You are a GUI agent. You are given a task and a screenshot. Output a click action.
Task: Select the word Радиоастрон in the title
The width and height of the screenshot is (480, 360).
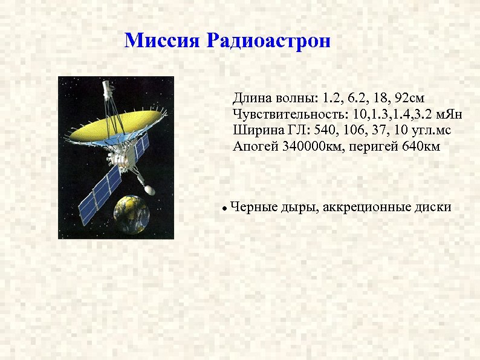coord(268,41)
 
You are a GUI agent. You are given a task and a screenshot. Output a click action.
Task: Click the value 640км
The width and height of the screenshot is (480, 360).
coord(421,146)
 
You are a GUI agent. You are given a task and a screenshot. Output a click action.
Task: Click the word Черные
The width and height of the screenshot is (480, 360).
coord(254,207)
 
